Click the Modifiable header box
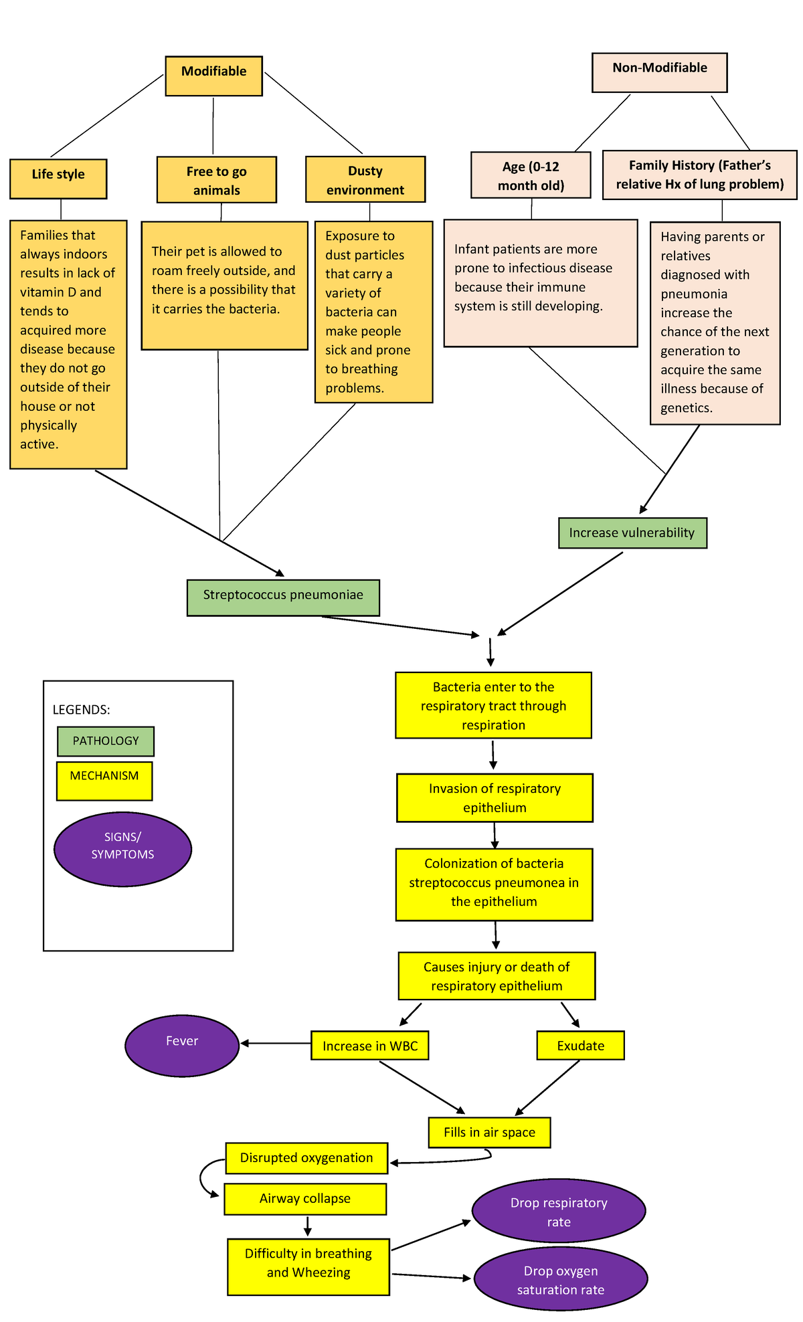click(x=213, y=76)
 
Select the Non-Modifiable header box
click(x=659, y=72)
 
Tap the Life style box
click(x=58, y=179)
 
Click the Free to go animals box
click(x=216, y=179)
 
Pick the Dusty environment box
click(x=365, y=179)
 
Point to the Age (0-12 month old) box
click(x=531, y=175)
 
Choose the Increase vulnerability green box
click(x=632, y=533)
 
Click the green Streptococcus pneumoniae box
click(x=283, y=597)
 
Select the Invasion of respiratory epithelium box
click(x=495, y=797)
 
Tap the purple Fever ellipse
click(x=182, y=1046)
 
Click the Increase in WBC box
click(x=369, y=1045)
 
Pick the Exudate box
click(x=580, y=1045)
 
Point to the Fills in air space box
click(x=489, y=1132)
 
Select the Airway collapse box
click(x=305, y=1198)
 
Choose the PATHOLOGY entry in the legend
click(x=106, y=741)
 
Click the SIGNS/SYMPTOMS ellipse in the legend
click(x=122, y=848)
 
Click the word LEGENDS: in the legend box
click(x=81, y=709)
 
